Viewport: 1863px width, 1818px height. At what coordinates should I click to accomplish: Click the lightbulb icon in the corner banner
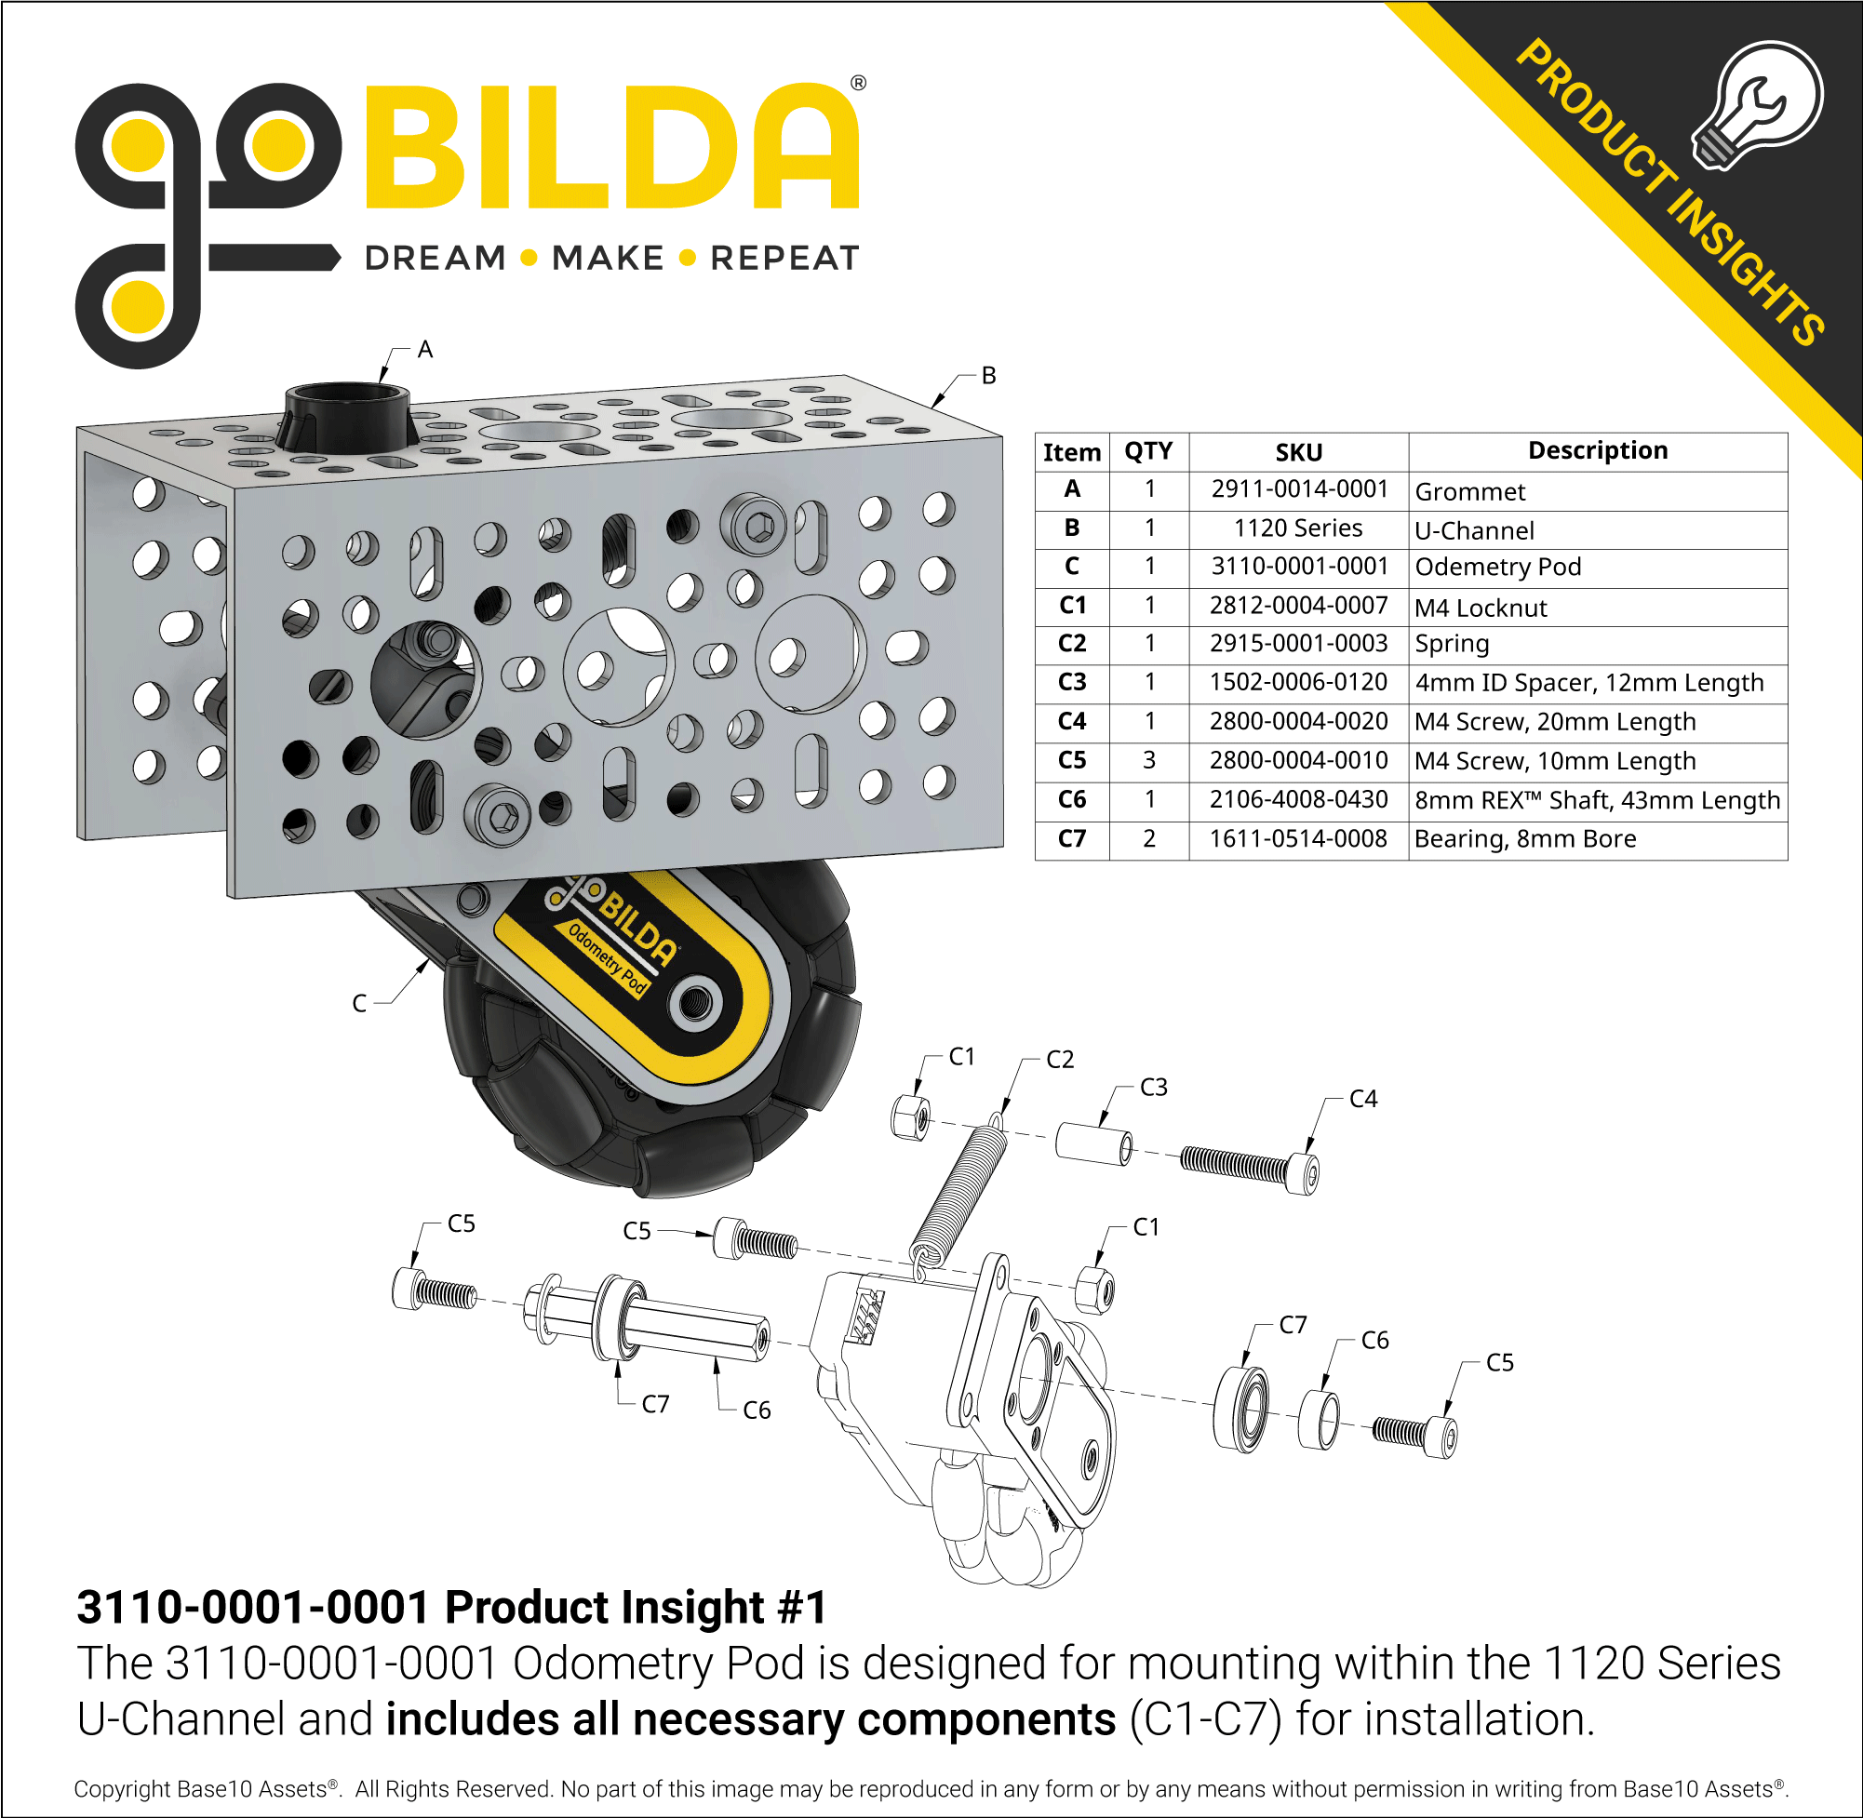pos(1757,105)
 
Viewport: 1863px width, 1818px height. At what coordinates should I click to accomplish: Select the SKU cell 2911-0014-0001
pos(1299,488)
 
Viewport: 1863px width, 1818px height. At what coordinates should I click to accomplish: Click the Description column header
pos(1598,450)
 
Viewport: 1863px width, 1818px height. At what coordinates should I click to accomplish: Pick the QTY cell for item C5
pos(1148,760)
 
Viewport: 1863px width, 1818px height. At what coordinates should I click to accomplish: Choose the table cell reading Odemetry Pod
pos(1497,568)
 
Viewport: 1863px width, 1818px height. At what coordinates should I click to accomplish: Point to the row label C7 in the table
pos(1071,838)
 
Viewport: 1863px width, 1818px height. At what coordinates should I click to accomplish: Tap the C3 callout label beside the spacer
pos(1154,1088)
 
